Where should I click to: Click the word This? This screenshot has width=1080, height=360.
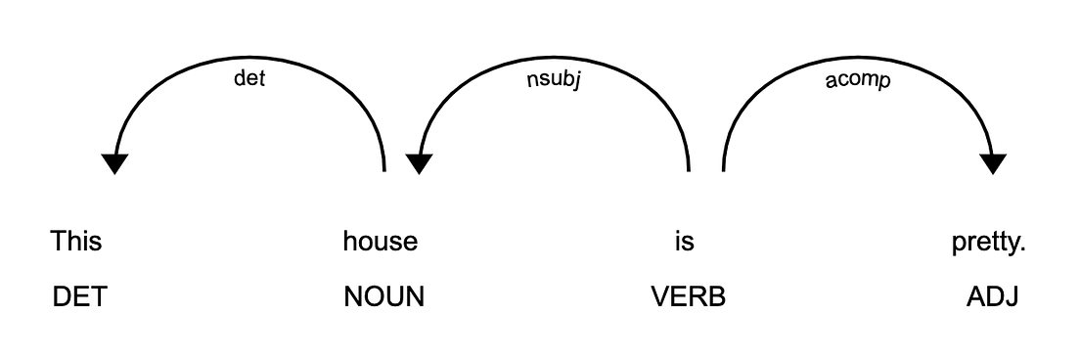point(76,240)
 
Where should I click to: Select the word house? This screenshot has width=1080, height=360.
point(380,240)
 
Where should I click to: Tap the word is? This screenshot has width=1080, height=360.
point(684,240)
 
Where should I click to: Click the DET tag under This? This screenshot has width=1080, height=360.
point(78,297)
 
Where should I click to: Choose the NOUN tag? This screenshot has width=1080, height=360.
point(384,297)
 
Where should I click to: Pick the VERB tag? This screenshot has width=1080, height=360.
point(689,297)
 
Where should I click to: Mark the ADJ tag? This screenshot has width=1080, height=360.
point(993,297)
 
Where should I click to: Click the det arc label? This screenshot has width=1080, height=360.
point(249,79)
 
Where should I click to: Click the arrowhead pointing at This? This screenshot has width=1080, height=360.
point(115,163)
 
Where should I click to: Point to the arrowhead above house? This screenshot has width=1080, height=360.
point(419,163)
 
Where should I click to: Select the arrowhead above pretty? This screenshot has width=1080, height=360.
point(993,163)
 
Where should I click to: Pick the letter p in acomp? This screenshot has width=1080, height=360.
point(884,82)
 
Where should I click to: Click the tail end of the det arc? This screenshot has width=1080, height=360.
point(384,168)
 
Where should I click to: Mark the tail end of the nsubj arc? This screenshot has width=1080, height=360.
point(689,168)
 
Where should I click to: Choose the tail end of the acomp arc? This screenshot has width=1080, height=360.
point(723,168)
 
